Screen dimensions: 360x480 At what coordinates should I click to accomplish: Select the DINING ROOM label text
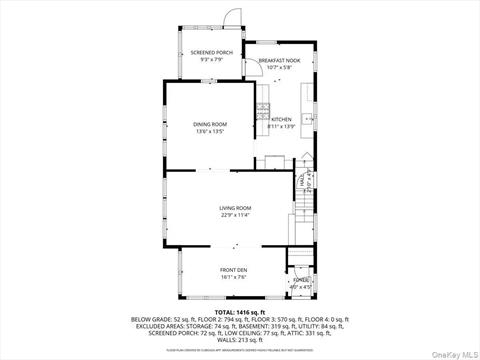point(209,124)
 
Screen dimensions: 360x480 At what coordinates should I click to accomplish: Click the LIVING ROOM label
point(235,208)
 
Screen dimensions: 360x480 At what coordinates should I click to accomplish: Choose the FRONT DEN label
point(236,269)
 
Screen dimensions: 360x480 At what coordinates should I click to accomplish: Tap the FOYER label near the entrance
point(300,282)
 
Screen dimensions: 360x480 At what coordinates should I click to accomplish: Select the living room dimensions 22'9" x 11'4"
point(235,215)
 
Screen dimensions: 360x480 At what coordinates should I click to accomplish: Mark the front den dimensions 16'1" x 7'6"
point(236,276)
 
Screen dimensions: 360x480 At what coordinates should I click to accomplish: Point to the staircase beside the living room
point(297,225)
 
